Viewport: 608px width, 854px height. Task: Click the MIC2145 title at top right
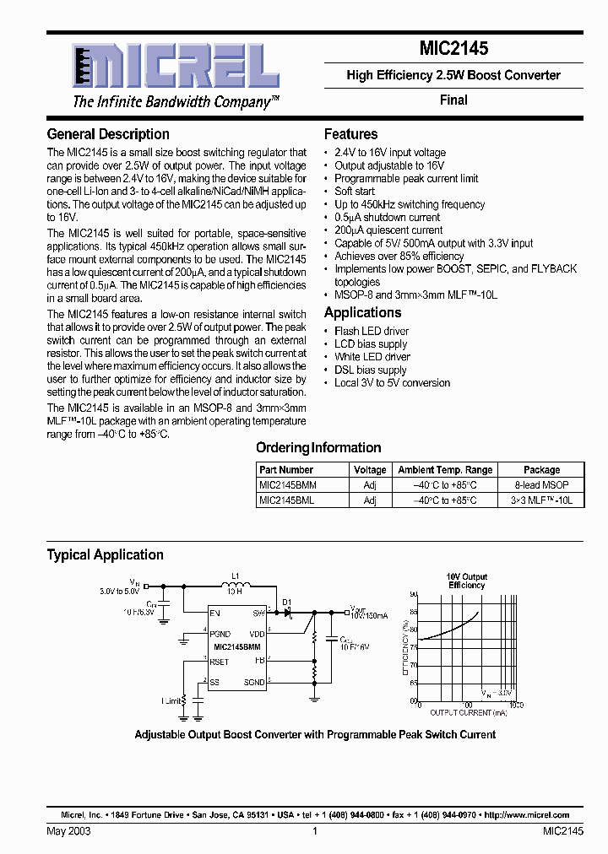(x=453, y=50)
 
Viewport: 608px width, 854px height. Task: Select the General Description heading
(x=108, y=134)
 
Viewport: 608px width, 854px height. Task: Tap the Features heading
(x=350, y=134)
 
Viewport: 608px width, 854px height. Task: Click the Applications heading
(x=362, y=312)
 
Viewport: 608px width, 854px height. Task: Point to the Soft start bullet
(x=354, y=192)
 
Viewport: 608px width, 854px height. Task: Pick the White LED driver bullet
(x=372, y=357)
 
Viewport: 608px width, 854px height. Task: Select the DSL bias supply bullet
(x=370, y=370)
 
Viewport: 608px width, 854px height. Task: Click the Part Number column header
(x=286, y=470)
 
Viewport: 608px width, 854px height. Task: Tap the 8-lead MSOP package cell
(x=541, y=485)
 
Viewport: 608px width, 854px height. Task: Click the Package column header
(x=541, y=470)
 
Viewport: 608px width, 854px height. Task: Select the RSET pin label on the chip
(x=220, y=662)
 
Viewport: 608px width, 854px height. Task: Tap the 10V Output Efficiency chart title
(x=466, y=581)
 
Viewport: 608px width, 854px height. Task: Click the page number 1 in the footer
(x=314, y=831)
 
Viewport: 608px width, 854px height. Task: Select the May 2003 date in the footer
(x=68, y=831)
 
